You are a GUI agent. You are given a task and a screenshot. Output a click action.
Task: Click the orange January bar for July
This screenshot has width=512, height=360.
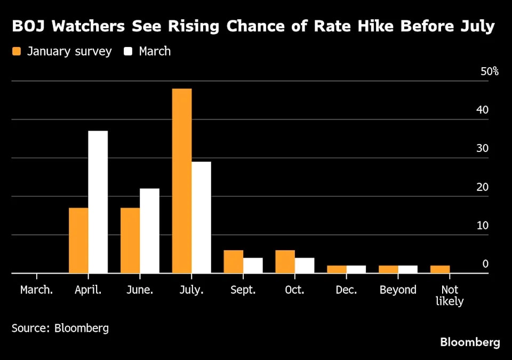[182, 181]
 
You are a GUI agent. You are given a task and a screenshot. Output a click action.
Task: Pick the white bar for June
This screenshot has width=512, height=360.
[149, 230]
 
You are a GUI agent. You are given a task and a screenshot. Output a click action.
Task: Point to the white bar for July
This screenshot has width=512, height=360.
[201, 217]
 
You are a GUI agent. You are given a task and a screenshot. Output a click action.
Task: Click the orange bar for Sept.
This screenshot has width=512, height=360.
[233, 261]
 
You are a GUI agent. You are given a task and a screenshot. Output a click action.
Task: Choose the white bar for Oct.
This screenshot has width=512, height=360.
[305, 265]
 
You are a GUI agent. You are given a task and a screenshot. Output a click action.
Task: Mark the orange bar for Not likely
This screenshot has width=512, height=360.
[440, 269]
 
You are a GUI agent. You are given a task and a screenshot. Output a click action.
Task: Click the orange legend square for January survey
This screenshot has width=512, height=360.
[17, 52]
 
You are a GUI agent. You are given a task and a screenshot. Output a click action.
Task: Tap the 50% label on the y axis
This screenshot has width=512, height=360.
[489, 71]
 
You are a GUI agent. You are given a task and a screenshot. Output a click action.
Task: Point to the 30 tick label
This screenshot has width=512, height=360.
[483, 148]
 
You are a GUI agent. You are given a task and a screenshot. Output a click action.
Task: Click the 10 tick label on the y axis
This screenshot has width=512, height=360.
[483, 225]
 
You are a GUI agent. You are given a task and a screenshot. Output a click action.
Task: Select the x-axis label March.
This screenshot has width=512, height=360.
[36, 290]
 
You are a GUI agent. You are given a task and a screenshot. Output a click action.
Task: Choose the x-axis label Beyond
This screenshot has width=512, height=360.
[398, 290]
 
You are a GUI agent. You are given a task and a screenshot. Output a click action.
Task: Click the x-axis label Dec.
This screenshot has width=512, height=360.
[346, 290]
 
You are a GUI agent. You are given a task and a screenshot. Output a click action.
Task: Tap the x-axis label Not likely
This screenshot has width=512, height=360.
[450, 295]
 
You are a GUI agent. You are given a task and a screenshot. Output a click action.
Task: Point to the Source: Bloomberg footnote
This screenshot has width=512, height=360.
[60, 328]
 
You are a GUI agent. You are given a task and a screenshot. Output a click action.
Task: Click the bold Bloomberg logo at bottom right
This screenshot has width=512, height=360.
[470, 342]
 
